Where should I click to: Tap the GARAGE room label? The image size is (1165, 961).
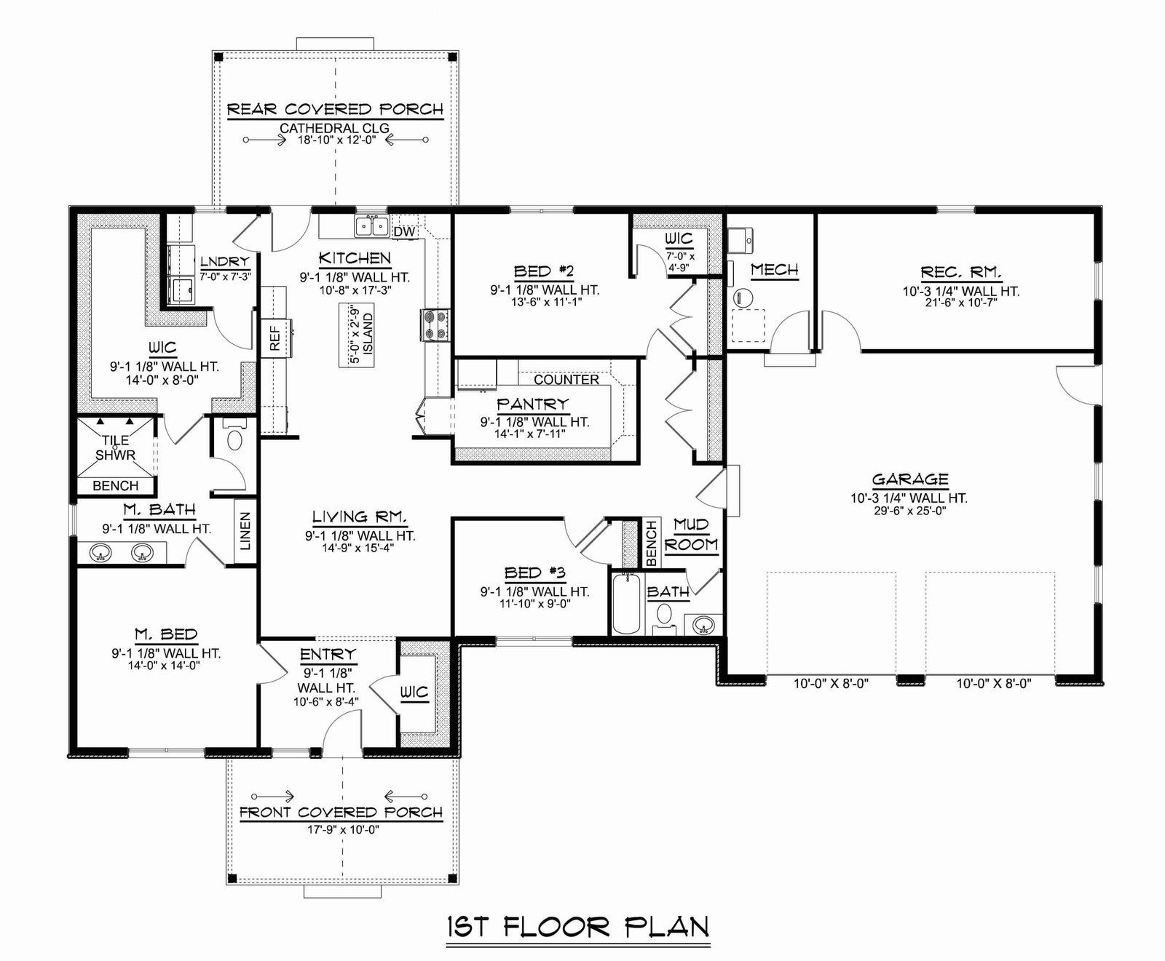910,479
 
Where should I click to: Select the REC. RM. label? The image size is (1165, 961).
961,273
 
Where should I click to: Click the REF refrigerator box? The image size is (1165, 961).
275,338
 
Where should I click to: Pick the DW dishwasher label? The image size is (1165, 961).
404,231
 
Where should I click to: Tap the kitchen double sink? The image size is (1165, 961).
372,226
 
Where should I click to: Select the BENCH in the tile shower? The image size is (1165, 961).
116,485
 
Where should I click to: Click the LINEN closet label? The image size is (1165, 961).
245,531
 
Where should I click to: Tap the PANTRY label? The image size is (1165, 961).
532,404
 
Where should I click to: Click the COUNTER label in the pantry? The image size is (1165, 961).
566,380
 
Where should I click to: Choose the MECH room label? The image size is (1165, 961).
774,270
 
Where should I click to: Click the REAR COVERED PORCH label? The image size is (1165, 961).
335,110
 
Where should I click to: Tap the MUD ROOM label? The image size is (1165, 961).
691,535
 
